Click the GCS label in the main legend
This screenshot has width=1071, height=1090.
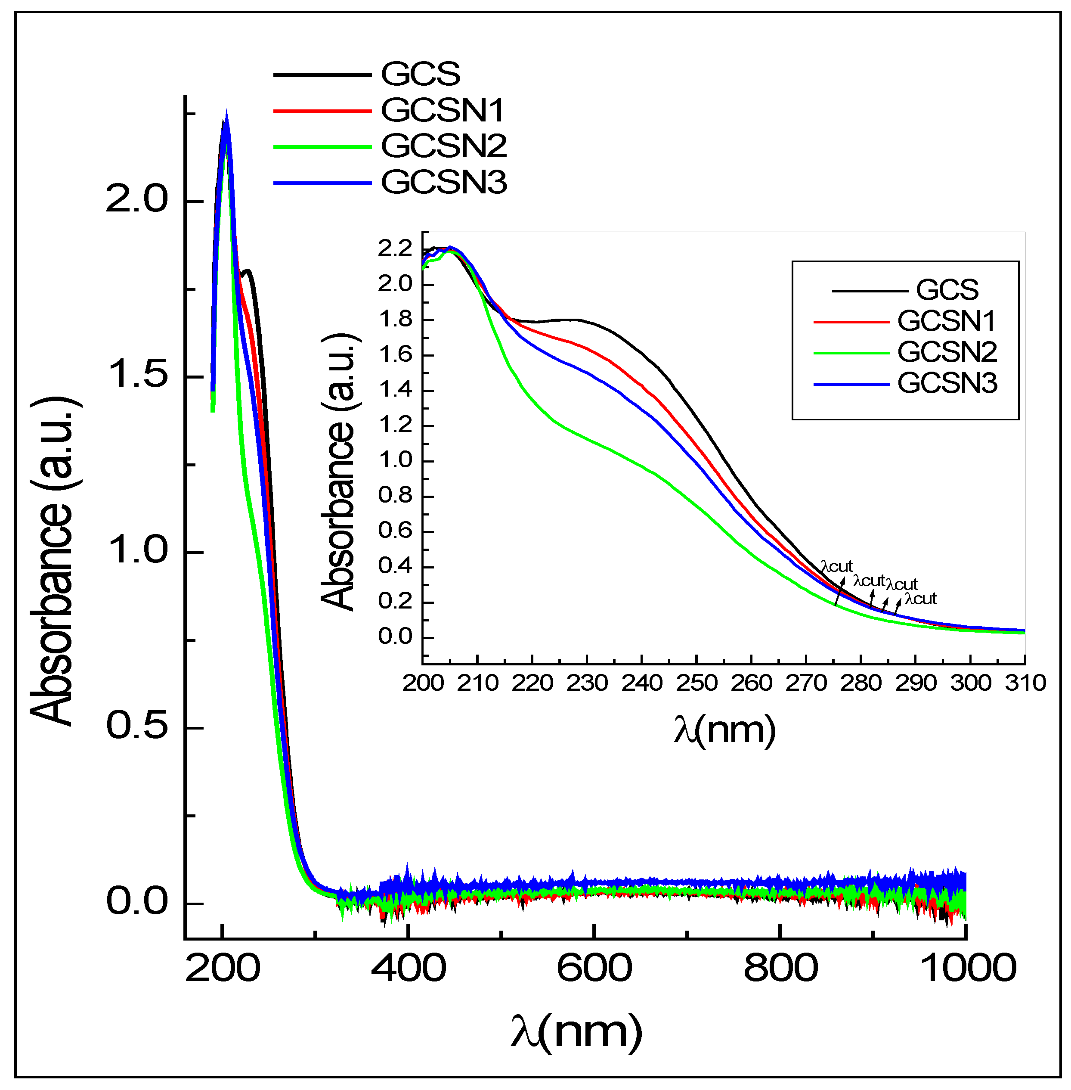pos(420,74)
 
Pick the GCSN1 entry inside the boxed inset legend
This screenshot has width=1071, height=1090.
pos(946,321)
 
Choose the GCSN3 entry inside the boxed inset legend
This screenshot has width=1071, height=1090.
pos(947,384)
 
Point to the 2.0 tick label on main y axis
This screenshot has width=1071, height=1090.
pos(137,200)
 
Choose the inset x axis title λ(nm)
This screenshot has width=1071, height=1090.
pos(724,730)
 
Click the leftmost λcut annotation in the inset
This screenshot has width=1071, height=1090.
pos(836,566)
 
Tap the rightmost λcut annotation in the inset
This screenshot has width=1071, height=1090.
pos(920,598)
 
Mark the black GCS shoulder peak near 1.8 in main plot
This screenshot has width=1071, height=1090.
pos(248,272)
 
